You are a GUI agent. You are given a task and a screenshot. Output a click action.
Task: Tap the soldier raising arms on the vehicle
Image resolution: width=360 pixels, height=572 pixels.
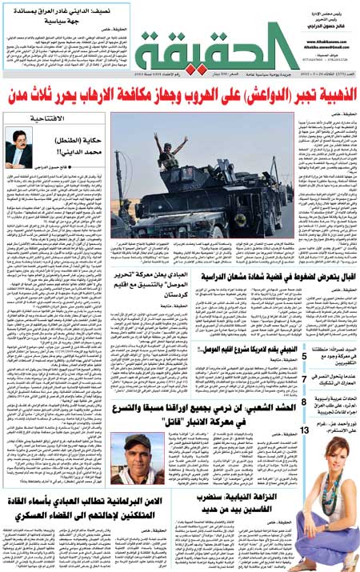tap(169, 149)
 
